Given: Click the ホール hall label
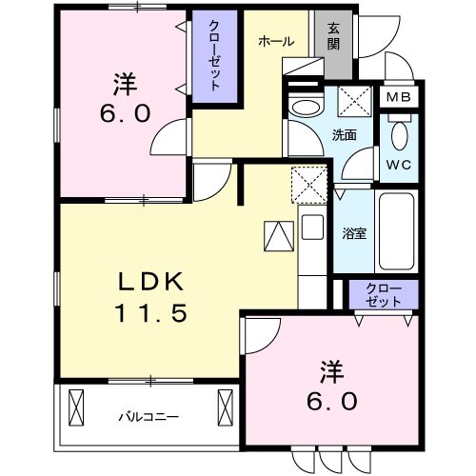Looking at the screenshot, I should click(x=275, y=42).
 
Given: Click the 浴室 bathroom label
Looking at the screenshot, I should click(x=353, y=233).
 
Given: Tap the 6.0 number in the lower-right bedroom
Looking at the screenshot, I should click(x=332, y=401).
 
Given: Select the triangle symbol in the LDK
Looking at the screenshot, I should click(x=278, y=234).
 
